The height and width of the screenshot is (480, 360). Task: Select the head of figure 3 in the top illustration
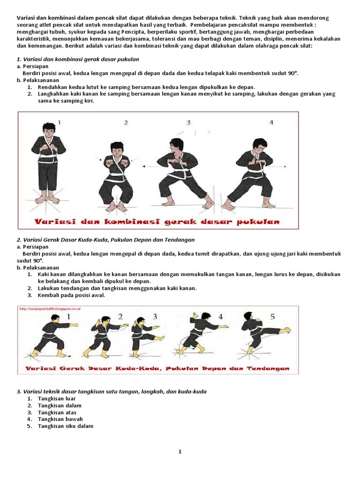176,145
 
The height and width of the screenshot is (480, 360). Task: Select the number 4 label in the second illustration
220,316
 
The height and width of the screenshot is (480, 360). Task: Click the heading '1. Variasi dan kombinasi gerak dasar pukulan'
78,60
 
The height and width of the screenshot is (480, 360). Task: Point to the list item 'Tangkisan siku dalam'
66,426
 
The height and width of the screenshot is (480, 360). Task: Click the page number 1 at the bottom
180,451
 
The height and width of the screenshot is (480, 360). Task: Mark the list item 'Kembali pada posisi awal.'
72,295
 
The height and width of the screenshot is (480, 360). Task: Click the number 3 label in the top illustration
188,123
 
